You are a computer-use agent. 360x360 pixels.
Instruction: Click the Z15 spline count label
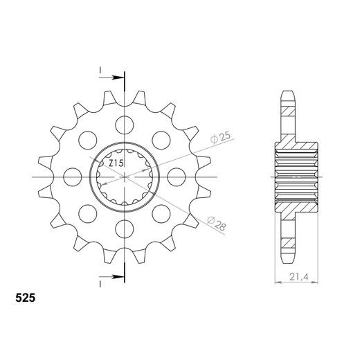[x=116, y=163]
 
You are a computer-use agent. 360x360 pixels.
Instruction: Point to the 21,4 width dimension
[x=298, y=278]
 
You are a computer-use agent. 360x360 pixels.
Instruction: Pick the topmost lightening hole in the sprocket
[x=125, y=125]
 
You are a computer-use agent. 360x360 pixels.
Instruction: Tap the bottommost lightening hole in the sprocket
[x=125, y=229]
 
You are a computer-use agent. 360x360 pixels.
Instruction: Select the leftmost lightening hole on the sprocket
[x=73, y=177]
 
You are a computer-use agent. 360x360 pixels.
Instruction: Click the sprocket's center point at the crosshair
[x=125, y=177]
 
